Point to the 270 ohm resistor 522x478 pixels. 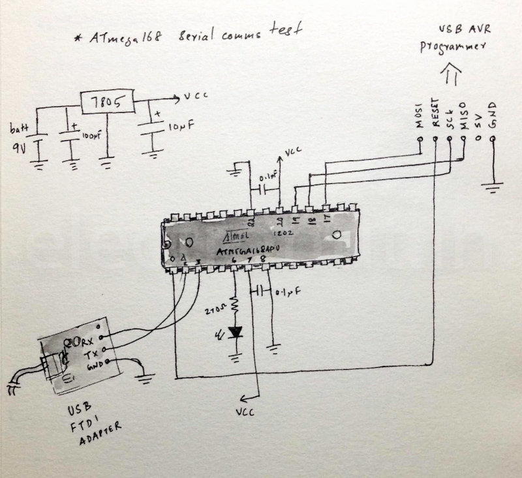tap(235, 306)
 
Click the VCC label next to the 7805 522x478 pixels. tap(195, 97)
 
